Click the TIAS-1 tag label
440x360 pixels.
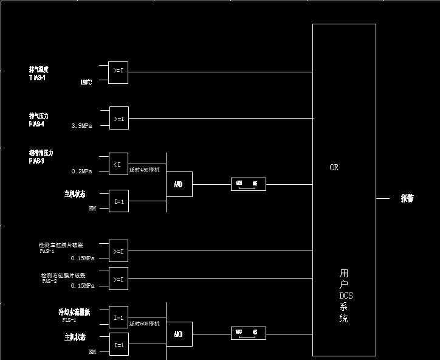point(37,78)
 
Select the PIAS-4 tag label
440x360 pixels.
point(36,124)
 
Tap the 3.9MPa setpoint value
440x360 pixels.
point(81,125)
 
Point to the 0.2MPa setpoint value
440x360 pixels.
point(81,171)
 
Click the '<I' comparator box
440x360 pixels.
point(119,164)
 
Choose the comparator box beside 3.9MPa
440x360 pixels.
point(119,118)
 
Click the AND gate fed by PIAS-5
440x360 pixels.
point(179,184)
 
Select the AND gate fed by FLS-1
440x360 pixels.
point(179,334)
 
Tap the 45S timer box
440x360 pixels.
point(248,184)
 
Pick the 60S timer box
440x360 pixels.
point(248,333)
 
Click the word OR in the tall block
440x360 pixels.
point(334,167)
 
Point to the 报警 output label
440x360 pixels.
point(407,198)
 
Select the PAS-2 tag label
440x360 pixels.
point(49,281)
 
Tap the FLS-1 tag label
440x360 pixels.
point(69,319)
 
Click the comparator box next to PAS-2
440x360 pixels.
point(119,279)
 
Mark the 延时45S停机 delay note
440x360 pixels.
point(144,170)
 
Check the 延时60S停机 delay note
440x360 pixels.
point(144,324)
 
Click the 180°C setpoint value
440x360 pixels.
point(86,82)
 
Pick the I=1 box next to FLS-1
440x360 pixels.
point(119,317)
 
